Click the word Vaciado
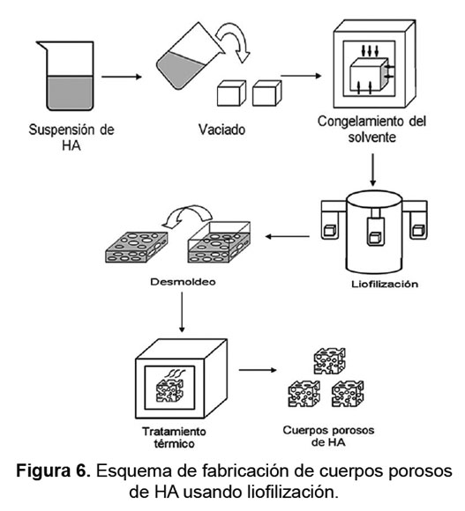tap(221, 130)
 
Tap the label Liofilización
tap(385, 284)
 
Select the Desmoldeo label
tap(183, 282)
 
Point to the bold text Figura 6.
tap(54, 471)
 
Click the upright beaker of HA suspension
tap(68, 76)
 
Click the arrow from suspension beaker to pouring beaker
tap(122, 77)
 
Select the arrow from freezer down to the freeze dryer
tap(373, 170)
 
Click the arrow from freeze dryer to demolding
tap(287, 236)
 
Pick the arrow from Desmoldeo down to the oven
tap(182, 312)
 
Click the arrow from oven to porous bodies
tap(258, 370)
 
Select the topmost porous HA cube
tap(330, 360)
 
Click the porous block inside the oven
tap(169, 391)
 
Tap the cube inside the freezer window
tap(369, 75)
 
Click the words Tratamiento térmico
tap(174, 437)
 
